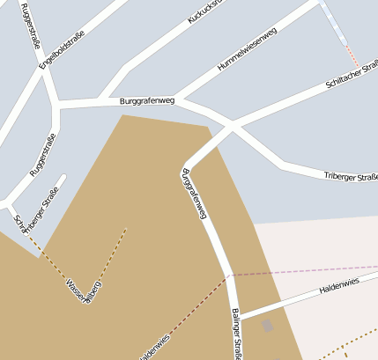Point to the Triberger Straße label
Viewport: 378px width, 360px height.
[x=350, y=177]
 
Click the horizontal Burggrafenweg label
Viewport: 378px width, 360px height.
[x=147, y=102]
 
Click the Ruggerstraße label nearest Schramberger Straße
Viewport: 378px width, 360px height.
[x=42, y=155]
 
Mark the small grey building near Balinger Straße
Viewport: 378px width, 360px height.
[x=267, y=327]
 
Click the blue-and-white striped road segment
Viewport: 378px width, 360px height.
[x=335, y=22]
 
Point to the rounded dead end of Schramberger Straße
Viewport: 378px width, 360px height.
[x=61, y=180]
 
